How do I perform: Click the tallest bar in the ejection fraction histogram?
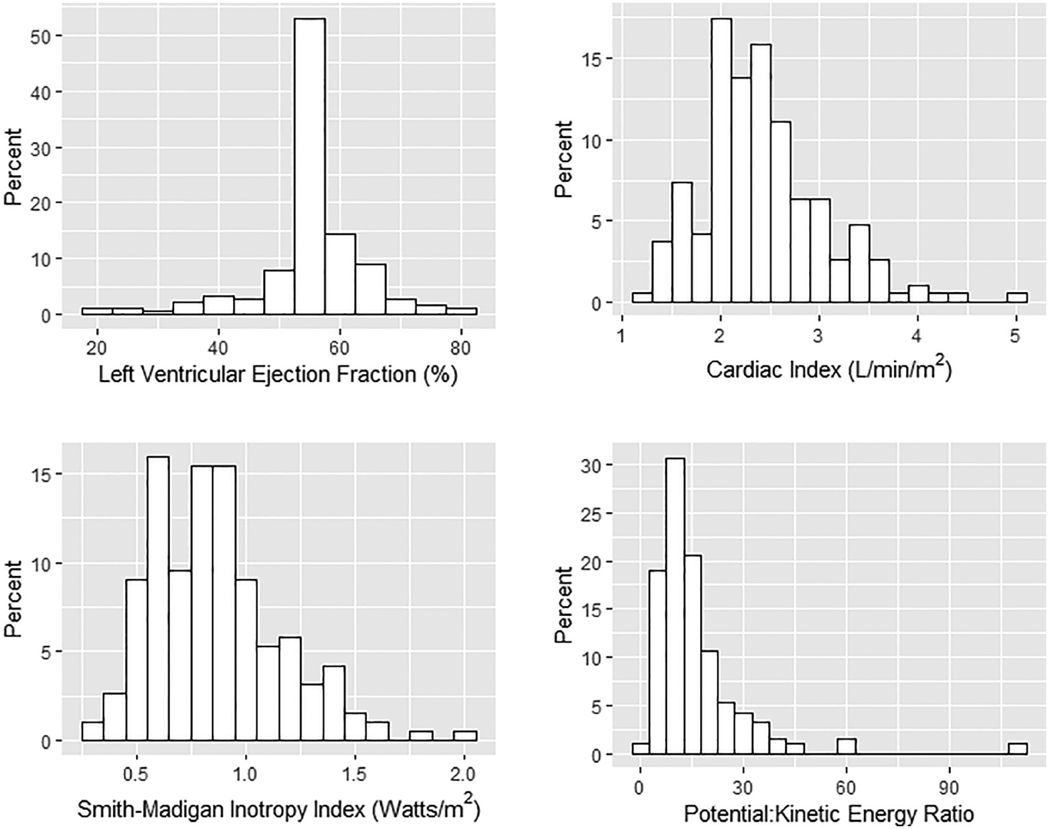310,167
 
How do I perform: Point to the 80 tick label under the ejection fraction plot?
459,348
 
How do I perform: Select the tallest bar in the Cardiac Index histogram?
721,161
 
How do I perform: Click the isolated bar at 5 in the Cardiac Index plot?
1017,298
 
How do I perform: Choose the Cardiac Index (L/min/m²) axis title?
829,369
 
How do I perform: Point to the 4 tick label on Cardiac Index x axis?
917,337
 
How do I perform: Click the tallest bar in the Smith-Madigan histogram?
158,598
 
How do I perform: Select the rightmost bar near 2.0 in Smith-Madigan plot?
465,736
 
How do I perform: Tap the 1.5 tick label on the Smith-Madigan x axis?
354,774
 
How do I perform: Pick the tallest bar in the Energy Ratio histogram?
675,606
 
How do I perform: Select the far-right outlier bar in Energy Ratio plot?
1018,749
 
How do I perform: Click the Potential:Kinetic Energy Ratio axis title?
829,815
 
